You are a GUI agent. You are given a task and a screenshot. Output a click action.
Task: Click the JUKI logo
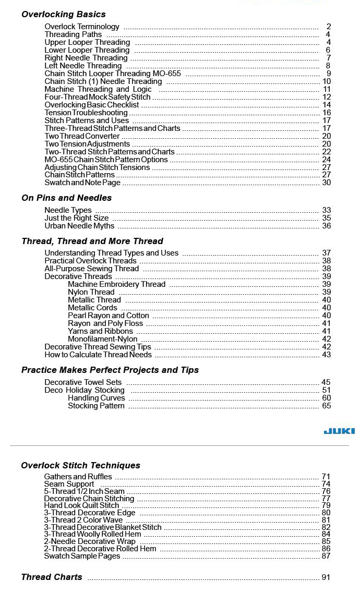pyautogui.click(x=339, y=431)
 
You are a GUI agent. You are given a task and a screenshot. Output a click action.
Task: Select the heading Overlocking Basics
pyautogui.click(x=63, y=14)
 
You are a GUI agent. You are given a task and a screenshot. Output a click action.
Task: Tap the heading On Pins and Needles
pyautogui.click(x=66, y=198)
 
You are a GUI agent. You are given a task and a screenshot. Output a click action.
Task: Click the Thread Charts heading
pyautogui.click(x=51, y=577)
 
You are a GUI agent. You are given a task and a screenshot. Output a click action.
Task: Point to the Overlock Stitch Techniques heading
pyautogui.click(x=80, y=465)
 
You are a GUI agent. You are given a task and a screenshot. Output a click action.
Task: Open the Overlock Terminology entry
pyautogui.click(x=82, y=27)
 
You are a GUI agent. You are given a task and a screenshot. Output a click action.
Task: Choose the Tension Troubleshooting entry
pyautogui.click(x=86, y=113)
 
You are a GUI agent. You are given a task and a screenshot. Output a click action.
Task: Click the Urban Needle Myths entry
pyautogui.click(x=79, y=226)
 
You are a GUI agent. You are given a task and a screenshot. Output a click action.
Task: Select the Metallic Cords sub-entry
pyautogui.click(x=92, y=308)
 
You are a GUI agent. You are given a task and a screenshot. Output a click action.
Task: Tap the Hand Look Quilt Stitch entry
pyautogui.click(x=81, y=505)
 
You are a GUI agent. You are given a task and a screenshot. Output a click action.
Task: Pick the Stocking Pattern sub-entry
pyautogui.click(x=96, y=406)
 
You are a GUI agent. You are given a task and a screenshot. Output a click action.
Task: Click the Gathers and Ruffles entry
pyautogui.click(x=78, y=477)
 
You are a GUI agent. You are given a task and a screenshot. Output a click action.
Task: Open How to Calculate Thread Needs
pyautogui.click(x=98, y=355)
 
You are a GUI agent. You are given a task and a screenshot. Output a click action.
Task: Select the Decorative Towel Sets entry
pyautogui.click(x=83, y=382)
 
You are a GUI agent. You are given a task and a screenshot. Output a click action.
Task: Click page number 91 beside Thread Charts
pyautogui.click(x=326, y=577)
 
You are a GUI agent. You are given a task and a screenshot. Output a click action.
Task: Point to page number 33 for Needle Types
pyautogui.click(x=327, y=210)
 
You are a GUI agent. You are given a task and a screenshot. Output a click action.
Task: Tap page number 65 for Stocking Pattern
pyautogui.click(x=327, y=406)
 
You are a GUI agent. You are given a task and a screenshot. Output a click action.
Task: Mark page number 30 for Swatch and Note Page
pyautogui.click(x=327, y=183)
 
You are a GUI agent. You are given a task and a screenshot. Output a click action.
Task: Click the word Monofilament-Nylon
pyautogui.click(x=103, y=339)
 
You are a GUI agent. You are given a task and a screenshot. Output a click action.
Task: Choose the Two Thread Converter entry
pyautogui.click(x=82, y=136)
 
